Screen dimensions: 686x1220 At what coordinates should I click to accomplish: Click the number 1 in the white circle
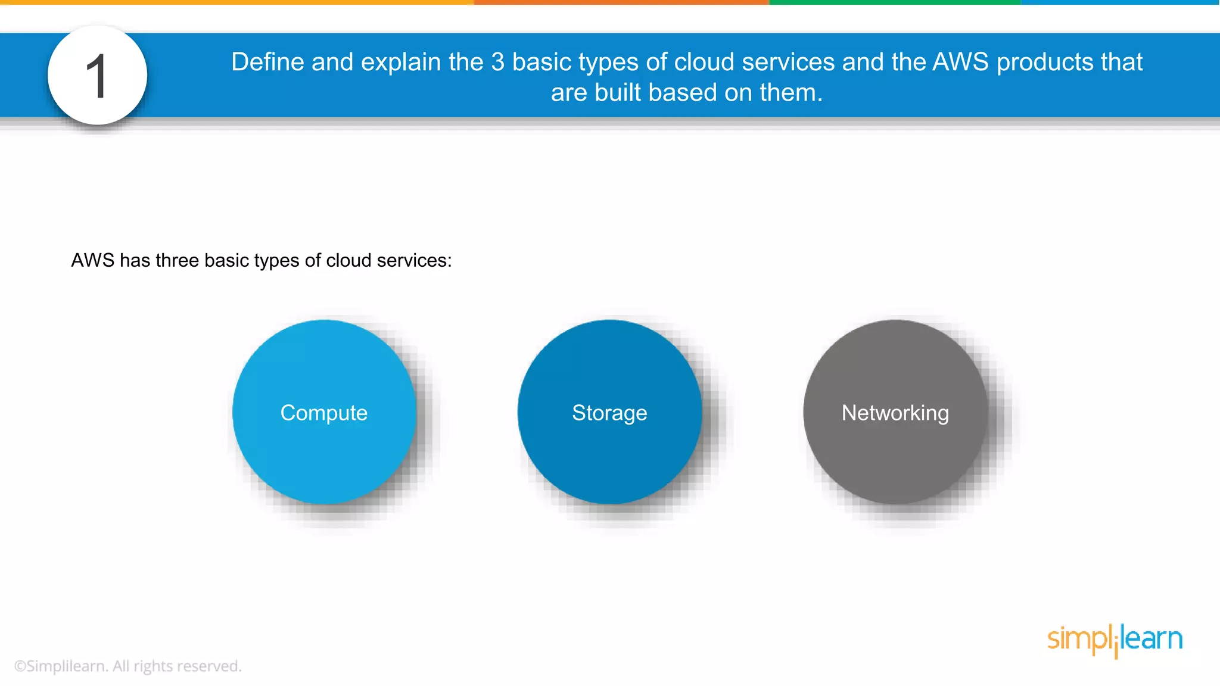pyautogui.click(x=97, y=76)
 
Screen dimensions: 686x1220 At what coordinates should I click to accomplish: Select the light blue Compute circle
pyautogui.click(x=324, y=412)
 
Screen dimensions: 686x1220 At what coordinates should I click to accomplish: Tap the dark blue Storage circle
pyautogui.click(x=609, y=412)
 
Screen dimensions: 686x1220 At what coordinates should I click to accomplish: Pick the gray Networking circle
pyautogui.click(x=895, y=412)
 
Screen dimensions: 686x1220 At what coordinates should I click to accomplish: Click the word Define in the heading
pyautogui.click(x=267, y=62)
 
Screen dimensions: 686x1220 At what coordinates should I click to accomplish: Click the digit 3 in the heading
pyautogui.click(x=497, y=62)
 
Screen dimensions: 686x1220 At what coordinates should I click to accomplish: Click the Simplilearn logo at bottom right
pyautogui.click(x=1115, y=640)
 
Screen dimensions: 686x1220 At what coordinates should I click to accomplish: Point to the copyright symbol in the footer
pyautogui.click(x=20, y=666)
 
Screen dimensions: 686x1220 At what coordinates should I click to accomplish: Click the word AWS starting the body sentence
pyautogui.click(x=92, y=260)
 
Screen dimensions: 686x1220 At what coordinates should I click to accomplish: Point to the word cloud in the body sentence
pyautogui.click(x=348, y=260)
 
